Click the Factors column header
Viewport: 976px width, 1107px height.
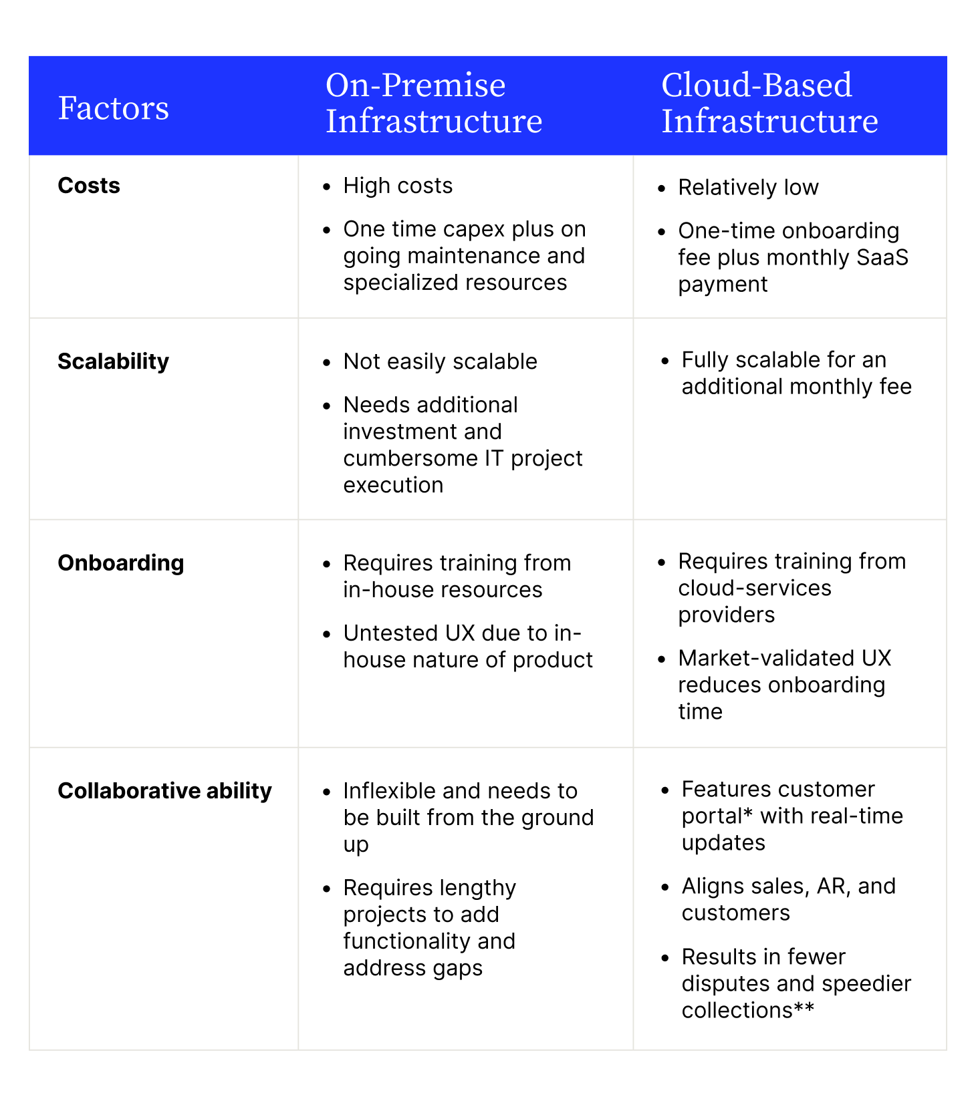tap(114, 108)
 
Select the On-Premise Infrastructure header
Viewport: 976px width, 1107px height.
tap(434, 103)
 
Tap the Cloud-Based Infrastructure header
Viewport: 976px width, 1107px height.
tap(769, 103)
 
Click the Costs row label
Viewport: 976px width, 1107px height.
tap(89, 185)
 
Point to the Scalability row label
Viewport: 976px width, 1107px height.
tap(114, 361)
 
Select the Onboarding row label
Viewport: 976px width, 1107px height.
tap(121, 563)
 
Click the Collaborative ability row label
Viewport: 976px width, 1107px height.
tap(165, 791)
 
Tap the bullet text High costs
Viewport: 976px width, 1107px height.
tap(398, 186)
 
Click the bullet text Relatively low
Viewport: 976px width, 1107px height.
tap(748, 188)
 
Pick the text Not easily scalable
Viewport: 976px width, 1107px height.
tap(440, 361)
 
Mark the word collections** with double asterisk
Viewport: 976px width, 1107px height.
tap(748, 1010)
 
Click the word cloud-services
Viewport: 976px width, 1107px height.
tap(755, 588)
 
